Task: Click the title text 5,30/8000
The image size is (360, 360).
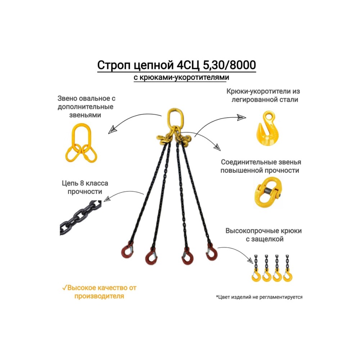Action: pyautogui.click(x=229, y=65)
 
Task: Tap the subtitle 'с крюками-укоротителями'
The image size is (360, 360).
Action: pyautogui.click(x=181, y=77)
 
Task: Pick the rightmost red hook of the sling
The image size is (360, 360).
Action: pyautogui.click(x=211, y=252)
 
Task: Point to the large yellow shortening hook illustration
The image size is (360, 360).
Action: pyautogui.click(x=267, y=128)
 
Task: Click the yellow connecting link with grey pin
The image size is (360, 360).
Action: pyautogui.click(x=268, y=192)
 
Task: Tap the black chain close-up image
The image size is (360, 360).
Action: pyautogui.click(x=80, y=218)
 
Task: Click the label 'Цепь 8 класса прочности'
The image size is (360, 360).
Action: pyautogui.click(x=85, y=187)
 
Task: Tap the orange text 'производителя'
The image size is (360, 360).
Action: pyautogui.click(x=99, y=296)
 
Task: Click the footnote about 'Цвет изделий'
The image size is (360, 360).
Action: pyautogui.click(x=259, y=297)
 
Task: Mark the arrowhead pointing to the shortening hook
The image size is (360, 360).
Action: pyautogui.click(x=242, y=117)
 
